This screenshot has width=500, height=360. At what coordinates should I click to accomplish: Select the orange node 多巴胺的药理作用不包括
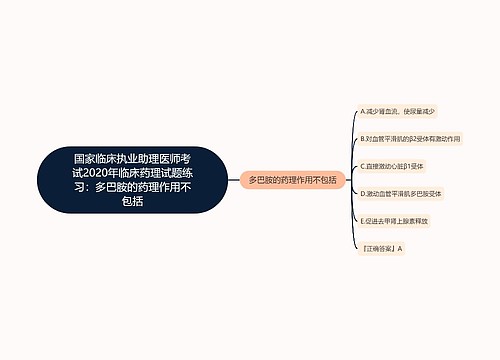tap(292, 180)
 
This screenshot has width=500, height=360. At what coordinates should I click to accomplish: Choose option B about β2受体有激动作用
tap(409, 138)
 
